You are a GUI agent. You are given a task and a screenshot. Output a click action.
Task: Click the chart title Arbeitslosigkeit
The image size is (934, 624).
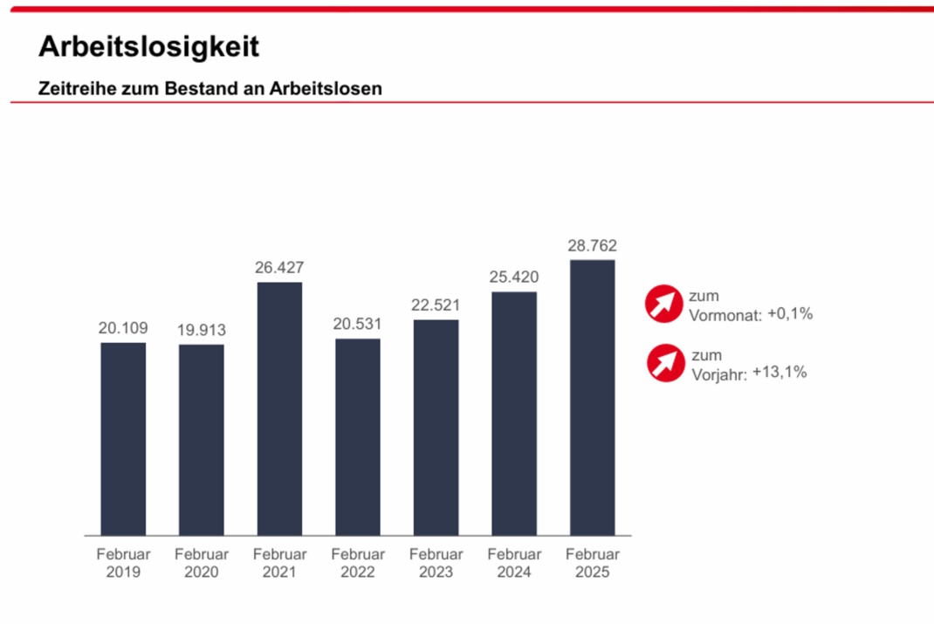coord(148,47)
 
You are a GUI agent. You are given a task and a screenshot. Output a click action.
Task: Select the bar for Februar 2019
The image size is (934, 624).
coord(123,438)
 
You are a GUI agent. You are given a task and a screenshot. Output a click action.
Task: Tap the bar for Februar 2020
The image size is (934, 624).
coord(201,439)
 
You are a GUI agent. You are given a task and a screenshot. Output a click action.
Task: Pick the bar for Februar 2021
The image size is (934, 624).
coord(279,408)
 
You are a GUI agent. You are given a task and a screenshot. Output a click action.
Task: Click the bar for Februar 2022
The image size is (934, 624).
coord(358,436)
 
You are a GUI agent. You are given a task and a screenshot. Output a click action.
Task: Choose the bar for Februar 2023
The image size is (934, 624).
coord(436,427)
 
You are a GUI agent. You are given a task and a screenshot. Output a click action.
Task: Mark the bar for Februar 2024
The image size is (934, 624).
coord(514,413)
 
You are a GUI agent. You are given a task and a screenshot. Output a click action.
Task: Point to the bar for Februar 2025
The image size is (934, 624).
coord(592,397)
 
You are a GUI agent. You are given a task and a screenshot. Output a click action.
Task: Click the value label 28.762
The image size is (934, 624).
coord(592,246)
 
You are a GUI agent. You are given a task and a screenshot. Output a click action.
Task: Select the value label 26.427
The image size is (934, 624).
coord(279,268)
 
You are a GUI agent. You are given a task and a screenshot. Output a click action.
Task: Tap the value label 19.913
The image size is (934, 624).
coord(201,330)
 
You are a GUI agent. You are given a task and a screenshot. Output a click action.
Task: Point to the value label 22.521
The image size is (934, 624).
coord(436,305)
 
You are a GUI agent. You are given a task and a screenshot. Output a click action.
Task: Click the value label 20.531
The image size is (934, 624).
coord(358,324)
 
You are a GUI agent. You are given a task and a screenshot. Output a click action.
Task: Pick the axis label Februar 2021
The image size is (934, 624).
coord(279,563)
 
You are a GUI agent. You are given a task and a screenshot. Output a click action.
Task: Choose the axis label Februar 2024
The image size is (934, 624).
coord(514,563)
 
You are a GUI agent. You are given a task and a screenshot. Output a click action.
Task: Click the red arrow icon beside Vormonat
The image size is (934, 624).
coord(663,304)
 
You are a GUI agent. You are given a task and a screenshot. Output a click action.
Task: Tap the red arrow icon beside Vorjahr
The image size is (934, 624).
coord(665,363)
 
